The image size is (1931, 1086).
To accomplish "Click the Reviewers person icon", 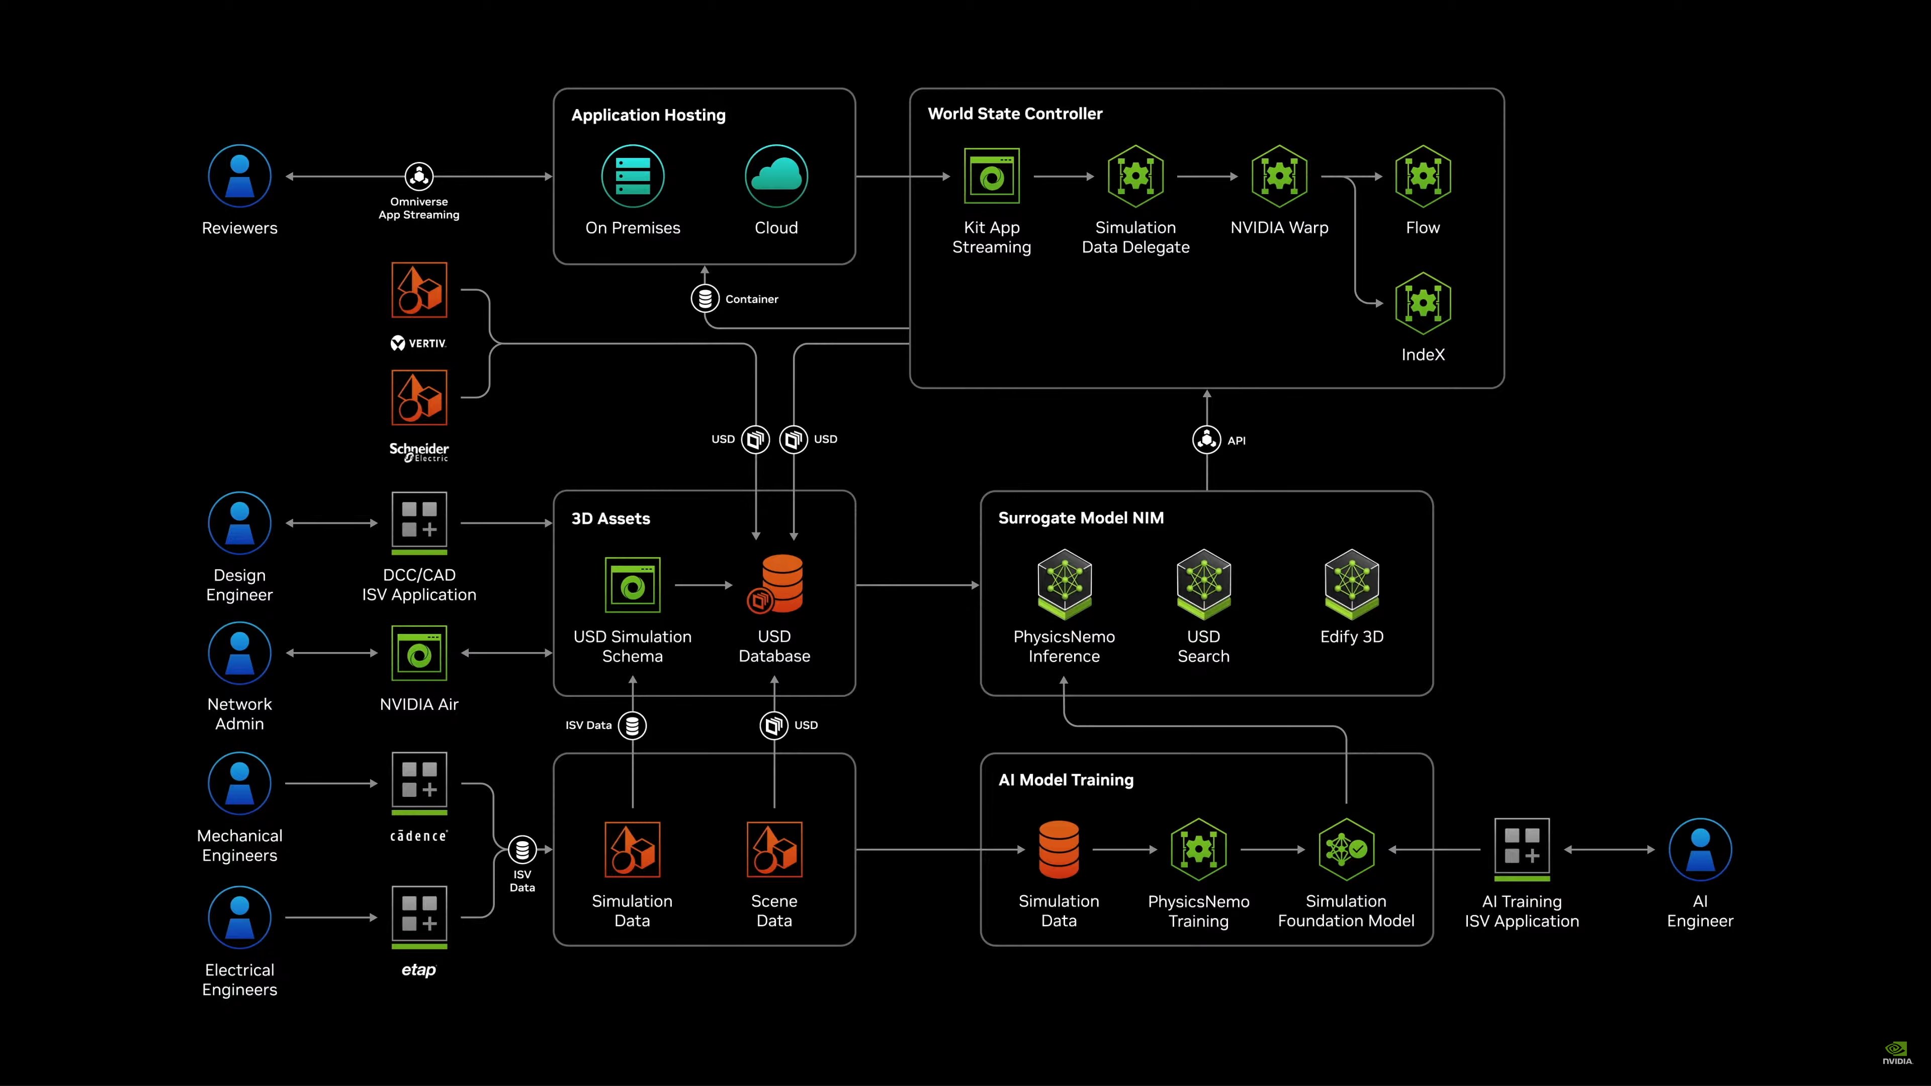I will (239, 176).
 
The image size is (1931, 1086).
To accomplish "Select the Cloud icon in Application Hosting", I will (776, 176).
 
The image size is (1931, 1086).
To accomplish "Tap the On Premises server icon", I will (633, 176).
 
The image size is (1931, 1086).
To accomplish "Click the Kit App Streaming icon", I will (991, 176).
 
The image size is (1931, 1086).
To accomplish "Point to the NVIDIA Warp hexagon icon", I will (1279, 176).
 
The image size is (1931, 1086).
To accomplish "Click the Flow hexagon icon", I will (1423, 176).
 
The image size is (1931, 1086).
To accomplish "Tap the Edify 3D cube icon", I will (1352, 584).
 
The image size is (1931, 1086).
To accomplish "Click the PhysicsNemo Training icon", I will (1198, 849).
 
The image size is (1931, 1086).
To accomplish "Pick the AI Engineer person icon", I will (1699, 849).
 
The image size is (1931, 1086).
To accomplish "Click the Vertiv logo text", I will (419, 343).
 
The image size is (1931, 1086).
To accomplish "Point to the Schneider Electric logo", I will (419, 451).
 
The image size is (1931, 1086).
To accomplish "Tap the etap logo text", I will (418, 970).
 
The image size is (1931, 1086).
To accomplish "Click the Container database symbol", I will (705, 298).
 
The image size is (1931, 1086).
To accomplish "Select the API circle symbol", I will (1206, 440).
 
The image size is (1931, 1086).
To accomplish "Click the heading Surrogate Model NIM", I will (1080, 518).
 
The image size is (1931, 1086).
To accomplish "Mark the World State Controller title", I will (1014, 114).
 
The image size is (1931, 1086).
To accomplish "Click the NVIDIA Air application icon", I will (419, 653).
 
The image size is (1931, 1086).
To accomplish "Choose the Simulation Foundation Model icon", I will (1346, 849).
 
